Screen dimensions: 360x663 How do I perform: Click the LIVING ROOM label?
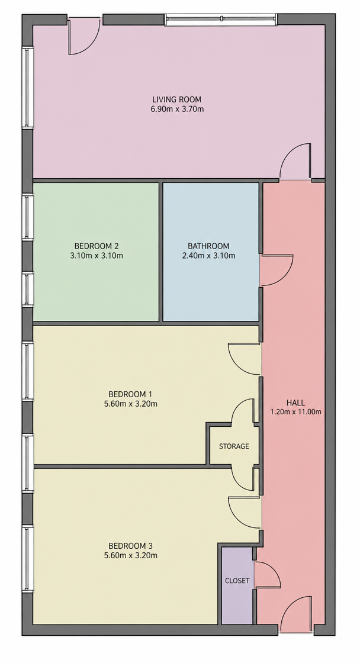pyautogui.click(x=177, y=99)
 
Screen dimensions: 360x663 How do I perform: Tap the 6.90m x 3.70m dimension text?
pyautogui.click(x=177, y=109)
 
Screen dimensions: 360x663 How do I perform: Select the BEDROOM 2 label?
pyautogui.click(x=97, y=246)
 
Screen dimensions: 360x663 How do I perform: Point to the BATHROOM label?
pyautogui.click(x=208, y=246)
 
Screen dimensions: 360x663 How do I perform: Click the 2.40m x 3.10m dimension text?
pyautogui.click(x=208, y=255)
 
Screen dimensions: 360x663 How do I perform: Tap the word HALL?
pyautogui.click(x=295, y=403)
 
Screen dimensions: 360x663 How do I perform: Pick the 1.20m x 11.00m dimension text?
pyautogui.click(x=295, y=412)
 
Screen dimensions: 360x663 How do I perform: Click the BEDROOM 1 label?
pyautogui.click(x=130, y=394)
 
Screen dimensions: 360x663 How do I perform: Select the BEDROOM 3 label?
pyautogui.click(x=130, y=545)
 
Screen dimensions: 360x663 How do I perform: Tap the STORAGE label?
pyautogui.click(x=234, y=446)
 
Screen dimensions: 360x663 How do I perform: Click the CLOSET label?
pyautogui.click(x=237, y=581)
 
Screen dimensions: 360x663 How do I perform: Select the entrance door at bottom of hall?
pyautogui.click(x=296, y=614)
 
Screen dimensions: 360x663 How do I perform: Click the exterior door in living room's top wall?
pyautogui.click(x=85, y=36)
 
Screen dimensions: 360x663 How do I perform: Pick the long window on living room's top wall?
pyautogui.click(x=221, y=20)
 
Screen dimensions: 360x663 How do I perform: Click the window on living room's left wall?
pyautogui.click(x=28, y=88)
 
